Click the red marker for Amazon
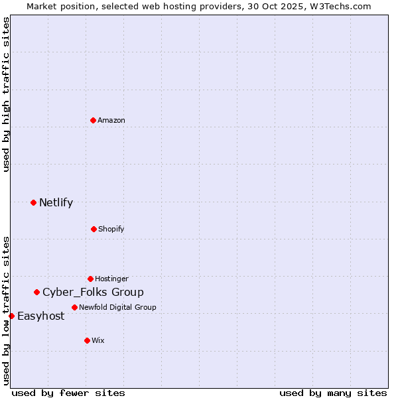[x=93, y=120]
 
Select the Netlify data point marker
[x=33, y=202]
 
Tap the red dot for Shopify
[x=94, y=229]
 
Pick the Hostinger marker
[x=90, y=279]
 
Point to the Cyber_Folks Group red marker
[x=36, y=292]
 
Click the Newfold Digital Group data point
[x=74, y=307]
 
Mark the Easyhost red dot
[x=11, y=316]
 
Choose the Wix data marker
[x=87, y=340]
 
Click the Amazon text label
[x=111, y=120]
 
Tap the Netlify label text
[x=56, y=203]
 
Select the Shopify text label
[x=111, y=229]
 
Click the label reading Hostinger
[x=111, y=279]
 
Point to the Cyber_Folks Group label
[x=93, y=293]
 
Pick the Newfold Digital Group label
[x=117, y=307]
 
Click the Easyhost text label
[x=40, y=316]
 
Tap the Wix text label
[x=98, y=340]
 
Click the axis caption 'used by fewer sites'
[x=68, y=393]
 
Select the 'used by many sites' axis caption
[x=333, y=393]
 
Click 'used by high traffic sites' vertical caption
[x=6, y=94]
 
